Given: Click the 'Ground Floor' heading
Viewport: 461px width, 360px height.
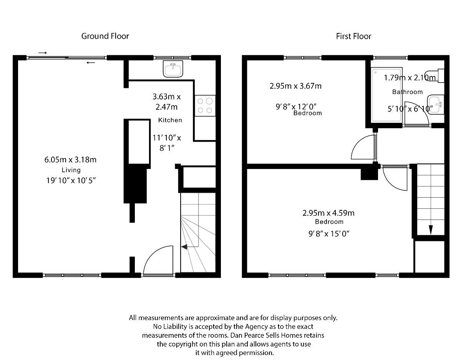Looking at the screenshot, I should [x=105, y=36].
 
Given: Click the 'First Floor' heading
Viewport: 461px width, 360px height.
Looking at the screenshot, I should [x=353, y=36].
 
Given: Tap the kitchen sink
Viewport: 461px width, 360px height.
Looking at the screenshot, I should [x=173, y=69].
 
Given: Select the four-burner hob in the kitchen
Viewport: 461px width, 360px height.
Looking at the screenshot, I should [x=205, y=106].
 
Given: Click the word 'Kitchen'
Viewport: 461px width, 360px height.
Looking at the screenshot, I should [x=170, y=120].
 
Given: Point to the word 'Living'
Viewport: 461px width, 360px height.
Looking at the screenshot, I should [x=71, y=170].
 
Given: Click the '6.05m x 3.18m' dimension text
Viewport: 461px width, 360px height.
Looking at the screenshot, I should [x=70, y=160].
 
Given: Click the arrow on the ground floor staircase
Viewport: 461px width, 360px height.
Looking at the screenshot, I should [x=184, y=247].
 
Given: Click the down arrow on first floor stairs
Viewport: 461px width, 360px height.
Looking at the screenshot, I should [x=431, y=230].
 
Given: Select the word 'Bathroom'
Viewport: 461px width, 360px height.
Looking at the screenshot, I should [x=407, y=92].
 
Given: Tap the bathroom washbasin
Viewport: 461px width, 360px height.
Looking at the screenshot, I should [x=436, y=104].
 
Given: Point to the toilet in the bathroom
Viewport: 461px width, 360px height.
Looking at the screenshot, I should [x=439, y=76].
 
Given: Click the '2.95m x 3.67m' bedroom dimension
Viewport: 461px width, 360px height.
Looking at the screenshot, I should [x=295, y=86].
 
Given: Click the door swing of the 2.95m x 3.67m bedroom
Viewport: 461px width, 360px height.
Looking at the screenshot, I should [x=363, y=148].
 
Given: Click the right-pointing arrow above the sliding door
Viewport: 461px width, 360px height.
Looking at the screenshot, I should [x=43, y=53].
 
